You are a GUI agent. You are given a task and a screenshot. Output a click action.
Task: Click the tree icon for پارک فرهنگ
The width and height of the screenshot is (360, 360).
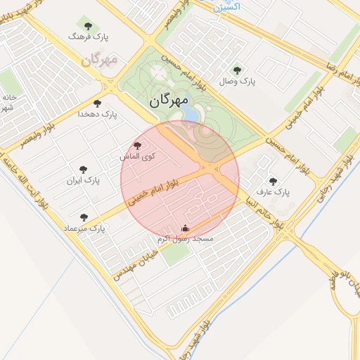[x=87, y=26]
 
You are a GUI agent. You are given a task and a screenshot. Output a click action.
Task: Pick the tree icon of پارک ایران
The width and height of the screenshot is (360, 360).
[x=84, y=169]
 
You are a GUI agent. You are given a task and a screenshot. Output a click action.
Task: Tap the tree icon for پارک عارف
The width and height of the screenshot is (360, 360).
[x=274, y=181]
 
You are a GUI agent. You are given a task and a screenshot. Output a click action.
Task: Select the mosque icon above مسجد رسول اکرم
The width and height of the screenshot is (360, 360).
[x=185, y=228]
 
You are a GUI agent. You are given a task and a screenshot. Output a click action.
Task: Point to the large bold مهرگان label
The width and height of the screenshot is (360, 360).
[x=169, y=102]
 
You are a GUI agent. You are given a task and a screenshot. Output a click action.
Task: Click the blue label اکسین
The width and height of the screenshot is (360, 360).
[x=226, y=6]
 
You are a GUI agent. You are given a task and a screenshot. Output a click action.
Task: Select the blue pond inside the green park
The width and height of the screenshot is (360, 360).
[x=191, y=113]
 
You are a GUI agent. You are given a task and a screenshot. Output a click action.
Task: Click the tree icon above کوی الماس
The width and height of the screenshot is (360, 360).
[x=137, y=146]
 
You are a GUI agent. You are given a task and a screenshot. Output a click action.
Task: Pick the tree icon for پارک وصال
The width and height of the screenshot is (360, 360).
[x=237, y=70]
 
